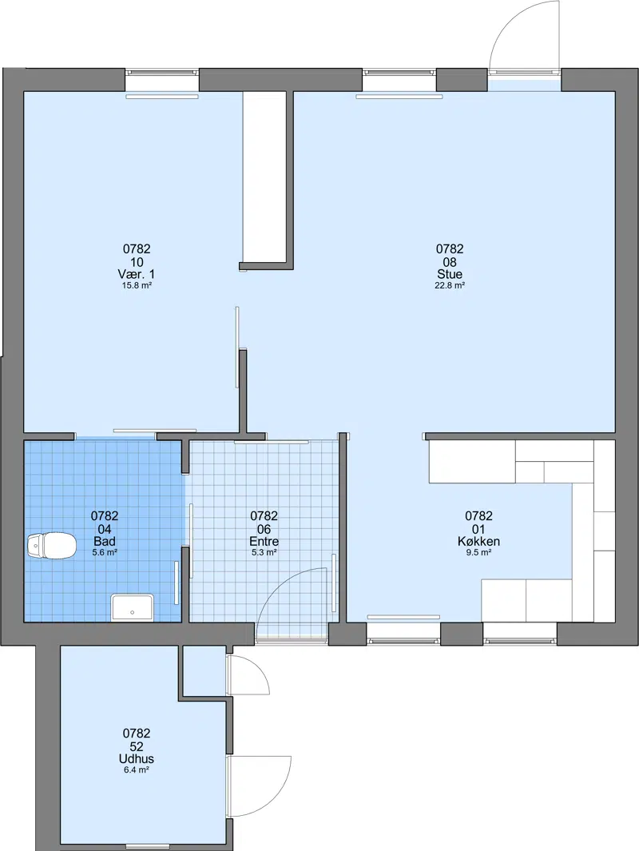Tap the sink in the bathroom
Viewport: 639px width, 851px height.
pyautogui.click(x=133, y=607)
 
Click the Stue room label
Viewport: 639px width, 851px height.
pyautogui.click(x=450, y=274)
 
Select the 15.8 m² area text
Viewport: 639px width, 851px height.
pyautogui.click(x=137, y=285)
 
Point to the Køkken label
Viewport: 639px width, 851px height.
pyautogui.click(x=478, y=541)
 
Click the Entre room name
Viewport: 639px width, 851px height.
pyautogui.click(x=264, y=541)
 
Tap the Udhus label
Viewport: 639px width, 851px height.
pyautogui.click(x=136, y=759)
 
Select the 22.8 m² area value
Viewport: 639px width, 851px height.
pyautogui.click(x=450, y=285)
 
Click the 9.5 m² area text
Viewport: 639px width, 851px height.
pyautogui.click(x=478, y=552)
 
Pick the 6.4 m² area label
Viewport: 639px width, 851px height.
pyautogui.click(x=136, y=770)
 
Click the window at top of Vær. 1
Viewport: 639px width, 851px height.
pyautogui.click(x=162, y=72)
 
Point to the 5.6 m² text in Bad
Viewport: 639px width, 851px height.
pyautogui.click(x=105, y=552)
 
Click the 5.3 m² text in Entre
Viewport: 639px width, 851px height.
pyautogui.click(x=264, y=552)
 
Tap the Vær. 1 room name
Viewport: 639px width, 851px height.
pyautogui.click(x=137, y=274)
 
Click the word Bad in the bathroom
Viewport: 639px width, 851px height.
pyautogui.click(x=105, y=541)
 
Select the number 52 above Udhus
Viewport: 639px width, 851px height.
pyautogui.click(x=136, y=747)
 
